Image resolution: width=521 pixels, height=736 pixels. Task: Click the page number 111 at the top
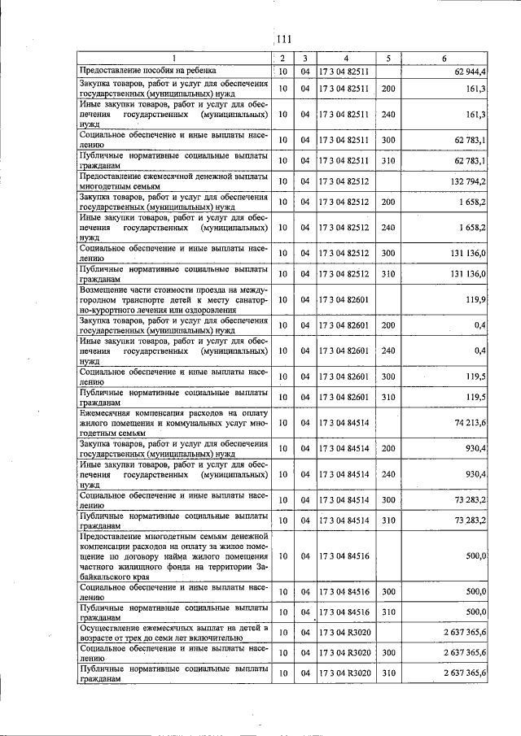tap(284, 39)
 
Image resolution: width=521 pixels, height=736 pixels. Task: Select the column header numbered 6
tap(444, 59)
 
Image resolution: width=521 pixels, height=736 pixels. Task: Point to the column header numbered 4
tap(346, 59)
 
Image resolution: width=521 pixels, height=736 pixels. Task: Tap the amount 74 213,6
tap(469, 423)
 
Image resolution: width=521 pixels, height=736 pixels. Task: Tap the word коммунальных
tap(187, 424)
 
